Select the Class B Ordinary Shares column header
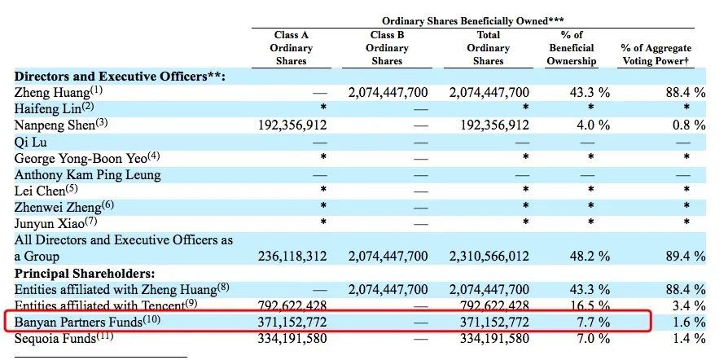387,48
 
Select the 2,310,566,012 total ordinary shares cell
489,257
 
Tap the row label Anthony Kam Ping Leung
87,174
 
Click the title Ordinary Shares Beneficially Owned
473,20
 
